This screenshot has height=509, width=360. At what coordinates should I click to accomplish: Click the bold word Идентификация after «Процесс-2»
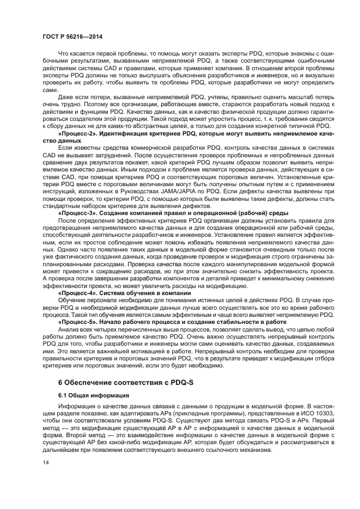[x=125, y=133]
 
